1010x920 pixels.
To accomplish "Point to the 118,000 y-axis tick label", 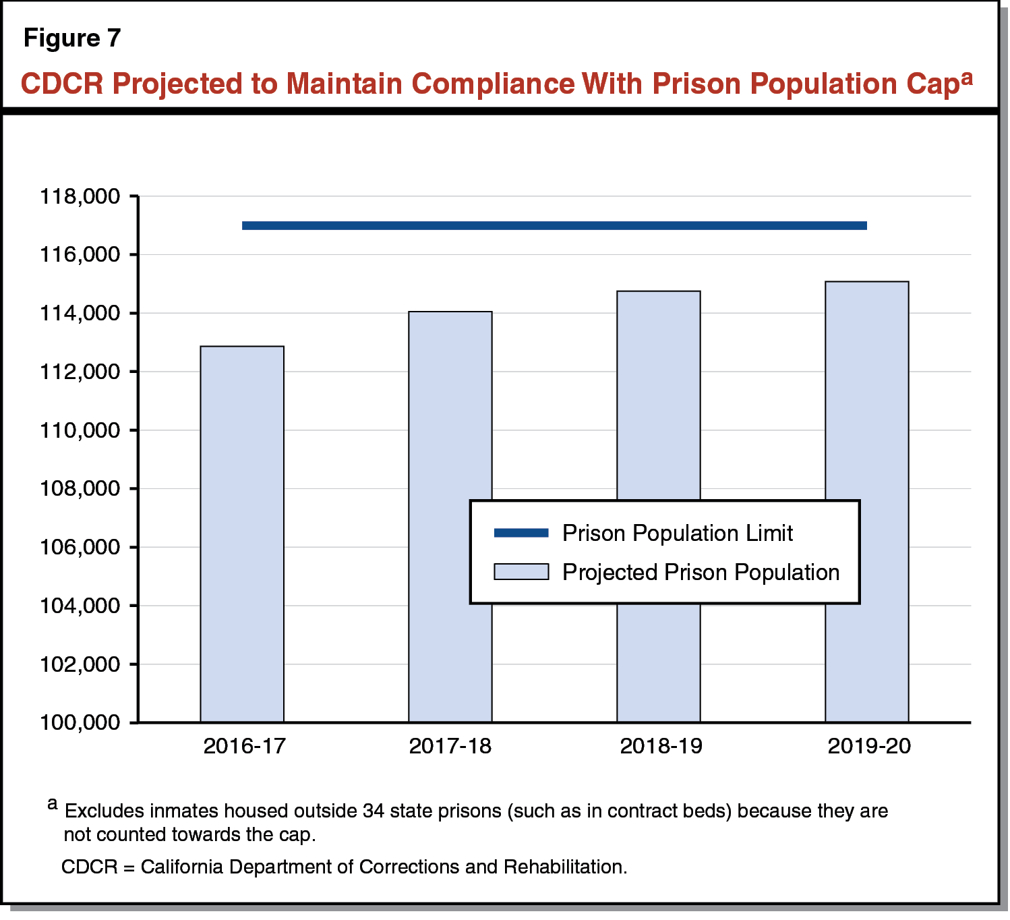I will click(x=80, y=197).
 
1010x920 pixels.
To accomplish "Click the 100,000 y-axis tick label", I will click(x=80, y=722).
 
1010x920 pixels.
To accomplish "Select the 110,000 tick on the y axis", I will click(x=80, y=430).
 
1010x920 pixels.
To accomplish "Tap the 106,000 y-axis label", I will click(x=80, y=547).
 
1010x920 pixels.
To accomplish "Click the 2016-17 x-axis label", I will click(x=244, y=746).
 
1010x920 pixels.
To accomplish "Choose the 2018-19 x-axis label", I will click(x=661, y=746).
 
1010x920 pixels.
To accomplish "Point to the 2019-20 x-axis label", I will click(x=869, y=746).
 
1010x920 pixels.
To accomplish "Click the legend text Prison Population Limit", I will click(x=677, y=534).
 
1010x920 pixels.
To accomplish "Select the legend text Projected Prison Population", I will click(x=701, y=573).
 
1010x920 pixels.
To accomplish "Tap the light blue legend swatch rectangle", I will click(x=521, y=572).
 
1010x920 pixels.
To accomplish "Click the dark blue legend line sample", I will click(x=521, y=534).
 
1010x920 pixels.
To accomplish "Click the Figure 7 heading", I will click(x=72, y=38).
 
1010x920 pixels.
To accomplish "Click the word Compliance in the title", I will click(x=493, y=84).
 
